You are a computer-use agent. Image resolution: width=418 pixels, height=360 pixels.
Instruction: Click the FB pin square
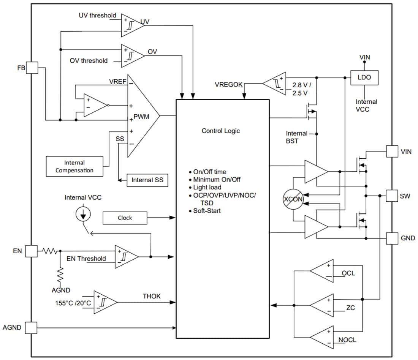click(x=32, y=68)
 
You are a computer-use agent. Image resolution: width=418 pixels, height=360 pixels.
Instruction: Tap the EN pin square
click(x=32, y=251)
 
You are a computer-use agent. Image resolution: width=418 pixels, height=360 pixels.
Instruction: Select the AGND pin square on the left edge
click(x=32, y=327)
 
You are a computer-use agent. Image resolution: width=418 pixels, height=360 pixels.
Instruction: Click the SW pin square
click(x=392, y=196)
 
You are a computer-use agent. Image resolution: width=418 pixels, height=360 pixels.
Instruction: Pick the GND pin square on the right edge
click(x=392, y=238)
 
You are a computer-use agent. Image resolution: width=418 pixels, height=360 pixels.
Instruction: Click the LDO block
click(x=364, y=77)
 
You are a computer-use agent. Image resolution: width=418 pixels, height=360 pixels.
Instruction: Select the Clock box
click(x=125, y=218)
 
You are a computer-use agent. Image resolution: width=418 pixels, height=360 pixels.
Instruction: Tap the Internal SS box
click(x=147, y=180)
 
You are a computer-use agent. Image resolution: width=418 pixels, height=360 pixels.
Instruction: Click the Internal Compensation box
click(x=74, y=166)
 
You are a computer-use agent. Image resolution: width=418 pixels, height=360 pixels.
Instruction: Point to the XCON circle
click(x=293, y=200)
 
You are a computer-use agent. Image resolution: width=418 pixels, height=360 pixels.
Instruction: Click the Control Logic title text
click(x=221, y=131)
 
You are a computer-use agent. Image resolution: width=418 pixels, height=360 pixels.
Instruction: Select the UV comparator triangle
click(x=131, y=25)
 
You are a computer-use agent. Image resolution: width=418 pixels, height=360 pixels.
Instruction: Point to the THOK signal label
click(x=152, y=296)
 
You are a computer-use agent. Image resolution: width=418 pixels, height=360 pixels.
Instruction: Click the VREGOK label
click(x=229, y=85)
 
